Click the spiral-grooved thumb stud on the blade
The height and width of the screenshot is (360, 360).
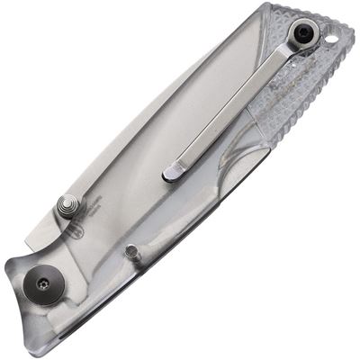pyautogui.click(x=67, y=205)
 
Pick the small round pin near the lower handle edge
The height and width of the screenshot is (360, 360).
pyautogui.click(x=131, y=251)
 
